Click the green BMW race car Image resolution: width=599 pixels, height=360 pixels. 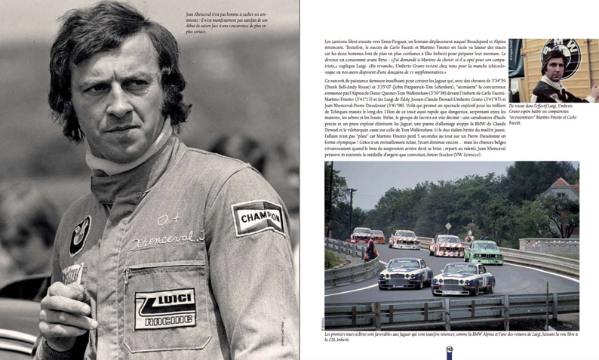(483, 251)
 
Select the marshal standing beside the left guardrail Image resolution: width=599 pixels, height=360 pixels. (369, 248)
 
